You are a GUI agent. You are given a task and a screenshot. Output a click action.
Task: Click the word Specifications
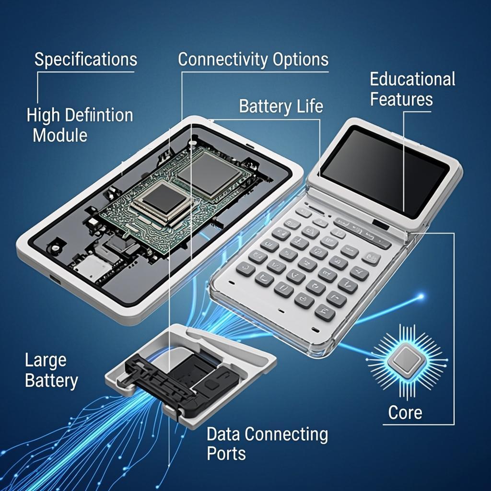pyautogui.click(x=85, y=59)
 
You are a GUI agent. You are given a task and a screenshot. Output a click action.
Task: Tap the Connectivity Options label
pyautogui.click(x=253, y=59)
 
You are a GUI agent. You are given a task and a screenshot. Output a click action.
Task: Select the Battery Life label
pyautogui.click(x=281, y=106)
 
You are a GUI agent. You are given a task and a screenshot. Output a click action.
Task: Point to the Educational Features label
pyautogui.click(x=412, y=89)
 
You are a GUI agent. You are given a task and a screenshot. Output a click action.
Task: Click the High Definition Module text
pyautogui.click(x=80, y=125)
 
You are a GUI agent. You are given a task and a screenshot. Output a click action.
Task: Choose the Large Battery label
pyautogui.click(x=51, y=371)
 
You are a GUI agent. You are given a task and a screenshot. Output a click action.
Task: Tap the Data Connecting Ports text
pyautogui.click(x=267, y=444)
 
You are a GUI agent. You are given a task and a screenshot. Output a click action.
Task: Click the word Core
pyautogui.click(x=405, y=413)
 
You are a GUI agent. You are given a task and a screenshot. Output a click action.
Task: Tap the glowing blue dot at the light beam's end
pyautogui.click(x=421, y=296)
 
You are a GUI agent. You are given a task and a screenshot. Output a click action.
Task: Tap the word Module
pyautogui.click(x=60, y=135)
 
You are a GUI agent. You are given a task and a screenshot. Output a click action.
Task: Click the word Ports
pyautogui.click(x=226, y=453)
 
